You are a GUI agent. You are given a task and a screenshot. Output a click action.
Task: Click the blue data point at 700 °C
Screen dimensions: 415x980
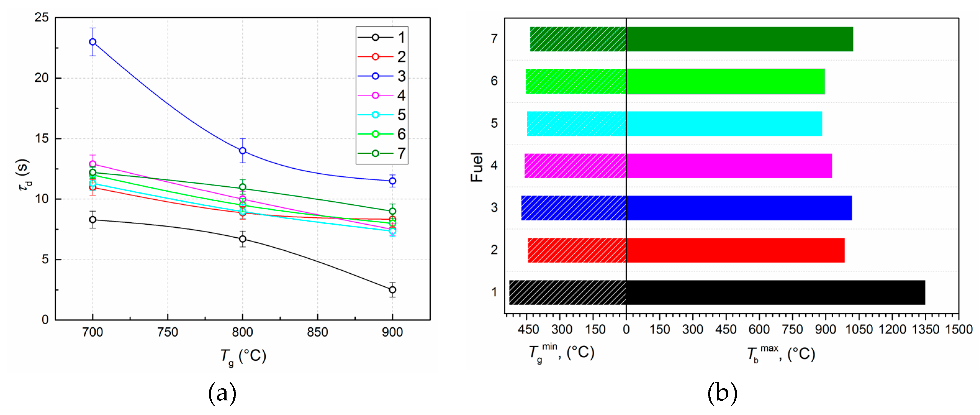tap(92, 42)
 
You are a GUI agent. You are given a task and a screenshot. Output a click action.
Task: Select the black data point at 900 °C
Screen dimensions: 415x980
tap(392, 290)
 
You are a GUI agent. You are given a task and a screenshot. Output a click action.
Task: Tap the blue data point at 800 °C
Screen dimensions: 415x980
tap(242, 151)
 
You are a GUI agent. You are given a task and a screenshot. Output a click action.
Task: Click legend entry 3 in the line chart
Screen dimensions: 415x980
tap(382, 76)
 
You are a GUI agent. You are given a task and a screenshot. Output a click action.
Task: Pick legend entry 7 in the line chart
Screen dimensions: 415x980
tap(382, 153)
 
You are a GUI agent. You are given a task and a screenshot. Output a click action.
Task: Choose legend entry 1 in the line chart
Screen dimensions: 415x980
tap(382, 37)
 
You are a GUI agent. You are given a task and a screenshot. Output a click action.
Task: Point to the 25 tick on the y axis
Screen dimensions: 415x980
tap(42, 17)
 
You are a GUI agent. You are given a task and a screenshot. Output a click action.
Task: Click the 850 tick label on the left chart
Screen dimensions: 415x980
tap(317, 332)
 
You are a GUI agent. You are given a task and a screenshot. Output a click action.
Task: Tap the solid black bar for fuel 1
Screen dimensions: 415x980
tap(775, 292)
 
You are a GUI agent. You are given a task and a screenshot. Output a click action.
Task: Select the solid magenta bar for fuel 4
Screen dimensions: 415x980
tap(729, 166)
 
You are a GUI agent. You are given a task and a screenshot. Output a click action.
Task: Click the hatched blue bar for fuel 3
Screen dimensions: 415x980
tap(574, 208)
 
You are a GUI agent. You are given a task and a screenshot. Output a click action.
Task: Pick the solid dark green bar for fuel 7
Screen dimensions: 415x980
tap(739, 39)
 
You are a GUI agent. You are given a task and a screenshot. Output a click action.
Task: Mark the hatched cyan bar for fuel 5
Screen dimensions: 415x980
tap(576, 124)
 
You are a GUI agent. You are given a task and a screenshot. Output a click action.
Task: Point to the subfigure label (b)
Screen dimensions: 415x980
tap(722, 393)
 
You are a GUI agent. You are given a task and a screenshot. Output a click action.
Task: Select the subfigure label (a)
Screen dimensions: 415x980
tap(222, 393)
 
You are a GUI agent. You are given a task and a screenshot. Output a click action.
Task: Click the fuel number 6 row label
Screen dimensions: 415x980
tap(494, 81)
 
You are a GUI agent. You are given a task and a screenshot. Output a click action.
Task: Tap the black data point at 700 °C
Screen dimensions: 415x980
tap(92, 220)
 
